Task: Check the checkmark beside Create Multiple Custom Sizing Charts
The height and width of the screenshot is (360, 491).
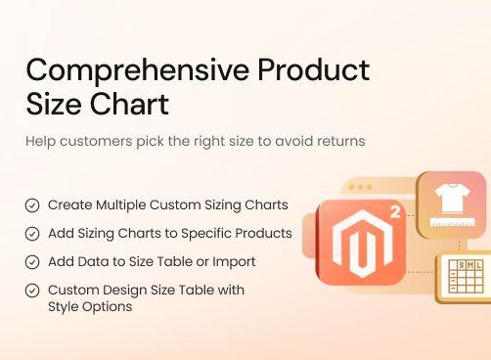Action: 32,205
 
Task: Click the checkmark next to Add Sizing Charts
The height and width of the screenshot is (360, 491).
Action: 32,234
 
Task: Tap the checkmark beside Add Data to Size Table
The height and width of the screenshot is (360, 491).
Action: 32,262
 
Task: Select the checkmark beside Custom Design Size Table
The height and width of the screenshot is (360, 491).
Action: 32,291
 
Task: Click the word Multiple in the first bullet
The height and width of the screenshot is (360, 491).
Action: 127,205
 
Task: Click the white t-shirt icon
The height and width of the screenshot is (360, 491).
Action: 451,198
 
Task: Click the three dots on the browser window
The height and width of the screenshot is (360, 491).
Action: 363,187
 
